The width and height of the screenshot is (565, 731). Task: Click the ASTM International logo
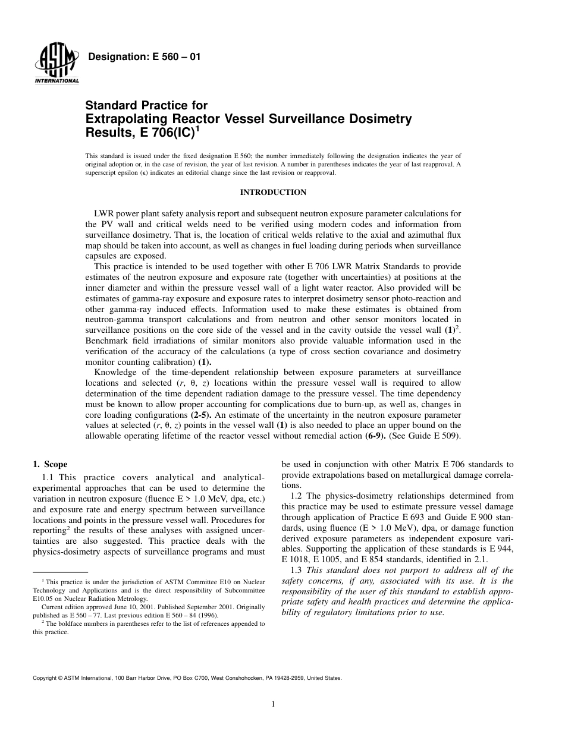[x=56, y=63]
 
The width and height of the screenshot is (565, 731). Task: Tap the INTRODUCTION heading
[x=273, y=193]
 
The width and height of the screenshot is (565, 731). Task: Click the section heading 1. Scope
[x=50, y=464]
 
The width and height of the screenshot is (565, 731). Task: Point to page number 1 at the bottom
[x=273, y=705]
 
